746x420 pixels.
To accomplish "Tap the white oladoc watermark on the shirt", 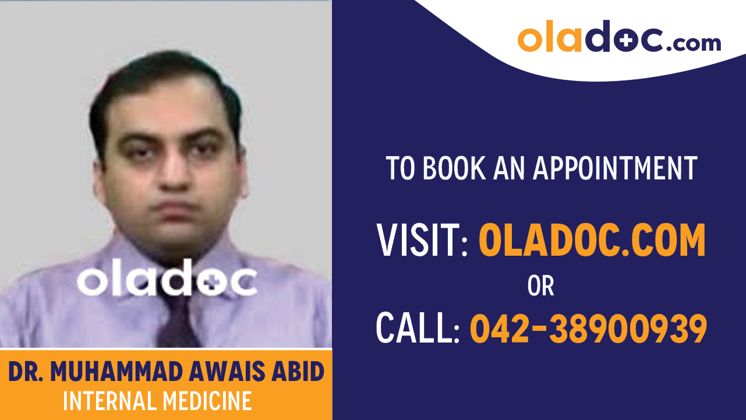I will point(167,281).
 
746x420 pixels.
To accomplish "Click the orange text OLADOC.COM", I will point(592,240).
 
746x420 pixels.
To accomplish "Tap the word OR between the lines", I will point(540,285).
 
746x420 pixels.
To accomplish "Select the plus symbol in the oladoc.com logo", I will point(624,38).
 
